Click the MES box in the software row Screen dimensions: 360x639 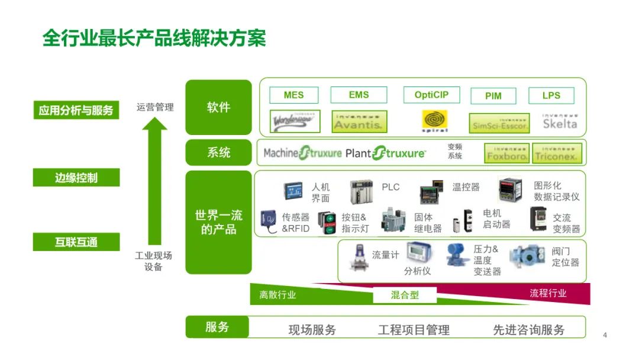tap(293, 95)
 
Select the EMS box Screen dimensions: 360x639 tap(359, 95)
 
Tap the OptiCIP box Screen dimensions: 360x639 tap(431, 95)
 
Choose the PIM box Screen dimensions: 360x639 tap(493, 96)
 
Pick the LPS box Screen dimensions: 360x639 tap(551, 95)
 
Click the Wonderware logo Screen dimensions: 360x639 tap(295, 121)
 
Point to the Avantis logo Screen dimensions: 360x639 tap(359, 121)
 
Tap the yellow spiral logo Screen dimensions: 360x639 tap(434, 120)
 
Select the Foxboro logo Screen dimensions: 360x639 tap(506, 153)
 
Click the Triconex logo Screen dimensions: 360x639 tap(557, 153)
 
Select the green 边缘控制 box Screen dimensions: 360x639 tap(76, 178)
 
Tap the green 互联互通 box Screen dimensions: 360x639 tap(76, 242)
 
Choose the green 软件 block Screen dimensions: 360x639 tap(218, 108)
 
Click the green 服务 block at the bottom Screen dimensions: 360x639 tap(217, 327)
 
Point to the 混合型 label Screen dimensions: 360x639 tap(405, 295)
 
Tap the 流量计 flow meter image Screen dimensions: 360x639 tap(359, 256)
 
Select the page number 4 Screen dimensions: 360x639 tap(605, 335)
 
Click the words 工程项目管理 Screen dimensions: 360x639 tap(414, 330)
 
